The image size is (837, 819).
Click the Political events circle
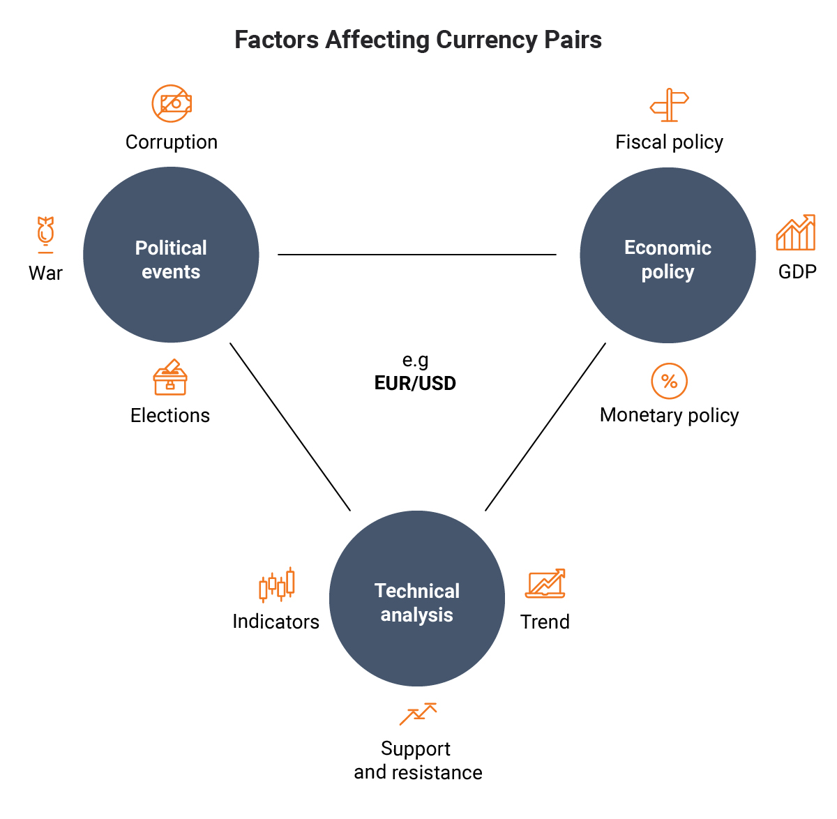[171, 255]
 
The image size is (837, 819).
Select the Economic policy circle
[668, 255]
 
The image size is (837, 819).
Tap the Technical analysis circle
[417, 599]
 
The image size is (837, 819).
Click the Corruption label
[172, 142]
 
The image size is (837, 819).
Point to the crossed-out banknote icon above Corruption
[172, 103]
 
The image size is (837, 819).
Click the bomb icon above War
[45, 234]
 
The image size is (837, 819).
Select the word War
[45, 273]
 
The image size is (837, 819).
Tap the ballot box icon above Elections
[170, 377]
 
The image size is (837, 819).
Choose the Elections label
[170, 416]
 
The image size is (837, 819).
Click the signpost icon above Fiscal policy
[669, 105]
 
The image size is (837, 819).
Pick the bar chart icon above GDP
[796, 232]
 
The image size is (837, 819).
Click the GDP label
[797, 272]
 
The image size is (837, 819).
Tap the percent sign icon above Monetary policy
[670, 381]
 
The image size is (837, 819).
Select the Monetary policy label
[670, 416]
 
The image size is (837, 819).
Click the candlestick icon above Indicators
[277, 585]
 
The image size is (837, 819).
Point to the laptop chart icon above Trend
[545, 583]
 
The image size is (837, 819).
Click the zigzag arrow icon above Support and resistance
[418, 714]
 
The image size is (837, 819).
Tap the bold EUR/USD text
[415, 383]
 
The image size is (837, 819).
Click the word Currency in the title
[486, 40]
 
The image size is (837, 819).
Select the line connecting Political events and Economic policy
[417, 255]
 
